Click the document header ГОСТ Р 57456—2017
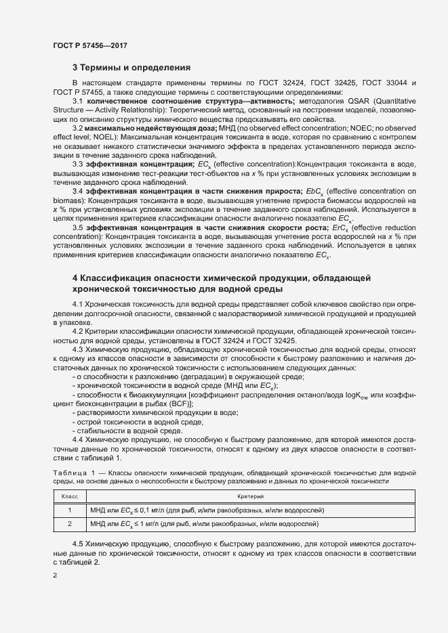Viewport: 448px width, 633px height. pos(89,45)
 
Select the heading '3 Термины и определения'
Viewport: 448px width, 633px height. pos(131,68)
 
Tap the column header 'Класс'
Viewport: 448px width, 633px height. pos(69,497)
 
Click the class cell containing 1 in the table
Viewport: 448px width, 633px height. pos(69,510)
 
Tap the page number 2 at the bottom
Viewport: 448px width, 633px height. pos(55,576)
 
